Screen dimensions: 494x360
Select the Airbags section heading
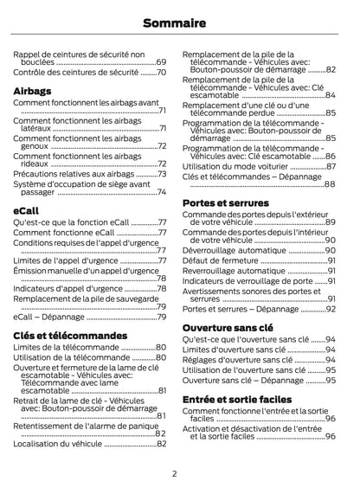tap(33, 91)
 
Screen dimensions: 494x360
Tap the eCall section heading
tap(26, 210)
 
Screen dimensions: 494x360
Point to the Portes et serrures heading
tap(226, 203)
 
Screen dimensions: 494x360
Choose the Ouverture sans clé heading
tap(228, 328)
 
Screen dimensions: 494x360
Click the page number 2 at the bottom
tap(174, 473)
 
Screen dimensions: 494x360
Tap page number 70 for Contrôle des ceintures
tap(161, 73)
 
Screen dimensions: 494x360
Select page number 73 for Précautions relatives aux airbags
tap(161, 173)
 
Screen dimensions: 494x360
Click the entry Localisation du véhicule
tap(58, 444)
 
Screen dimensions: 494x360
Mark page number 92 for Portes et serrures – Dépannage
tap(330, 309)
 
